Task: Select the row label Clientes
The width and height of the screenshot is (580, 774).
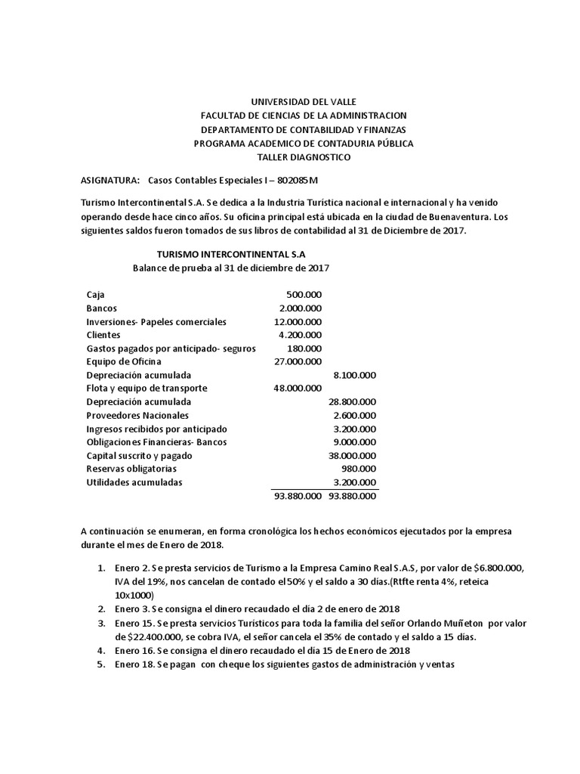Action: point(103,335)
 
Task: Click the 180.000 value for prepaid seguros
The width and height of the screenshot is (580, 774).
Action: point(304,348)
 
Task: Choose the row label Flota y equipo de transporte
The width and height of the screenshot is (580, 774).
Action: point(147,389)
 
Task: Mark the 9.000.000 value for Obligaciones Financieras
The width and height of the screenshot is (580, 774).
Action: point(355,442)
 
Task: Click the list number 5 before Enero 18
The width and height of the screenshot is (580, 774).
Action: point(100,664)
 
